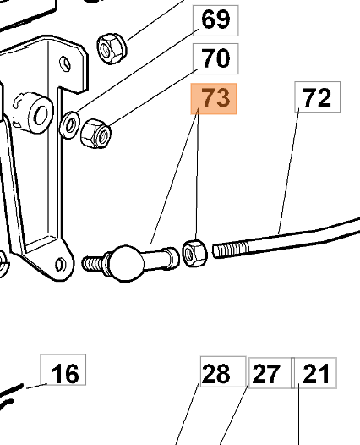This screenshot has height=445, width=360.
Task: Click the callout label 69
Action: click(215, 20)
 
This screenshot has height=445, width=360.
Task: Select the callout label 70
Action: click(215, 58)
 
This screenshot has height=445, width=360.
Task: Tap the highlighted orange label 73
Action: click(214, 99)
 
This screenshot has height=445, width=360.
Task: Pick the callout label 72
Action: click(318, 96)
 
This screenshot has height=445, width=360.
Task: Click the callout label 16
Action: click(63, 370)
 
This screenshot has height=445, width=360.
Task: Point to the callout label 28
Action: click(223, 371)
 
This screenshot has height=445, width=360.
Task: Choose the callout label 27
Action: click(270, 373)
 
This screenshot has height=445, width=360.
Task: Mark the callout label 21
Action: click(315, 373)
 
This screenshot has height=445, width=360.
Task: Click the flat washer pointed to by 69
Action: click(69, 125)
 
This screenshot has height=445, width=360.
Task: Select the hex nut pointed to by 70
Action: click(95, 134)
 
